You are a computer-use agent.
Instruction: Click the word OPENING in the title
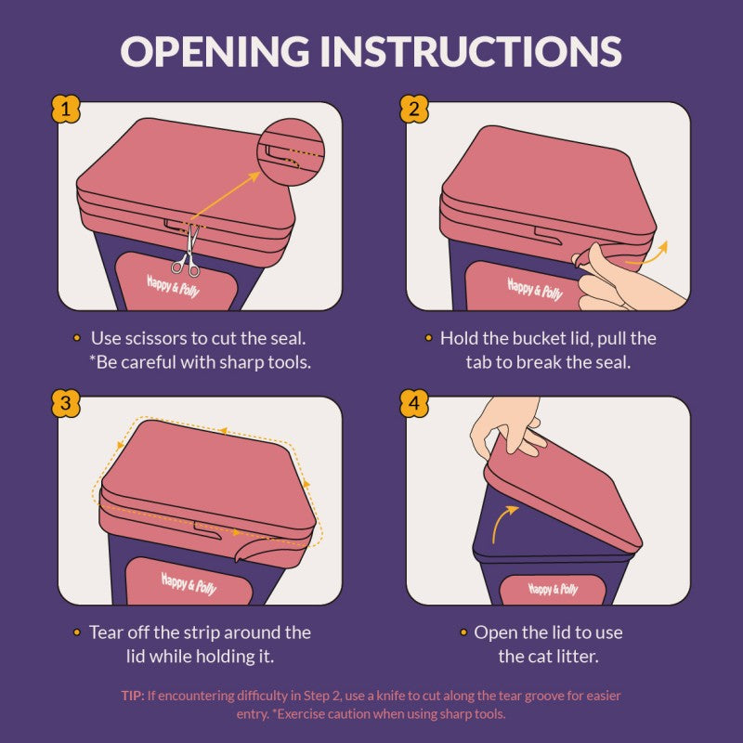(x=215, y=51)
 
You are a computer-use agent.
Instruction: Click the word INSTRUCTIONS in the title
(x=471, y=51)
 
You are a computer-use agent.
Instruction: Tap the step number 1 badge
(x=65, y=110)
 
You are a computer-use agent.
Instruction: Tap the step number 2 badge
(x=414, y=110)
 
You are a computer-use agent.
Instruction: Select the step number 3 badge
(x=65, y=403)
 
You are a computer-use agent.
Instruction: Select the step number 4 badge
(x=414, y=403)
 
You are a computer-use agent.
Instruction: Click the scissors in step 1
(x=188, y=251)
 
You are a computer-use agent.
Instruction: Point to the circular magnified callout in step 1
(x=292, y=152)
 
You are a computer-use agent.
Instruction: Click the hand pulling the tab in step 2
(x=625, y=282)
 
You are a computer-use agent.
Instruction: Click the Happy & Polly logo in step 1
(x=174, y=286)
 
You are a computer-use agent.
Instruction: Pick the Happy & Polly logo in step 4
(x=553, y=589)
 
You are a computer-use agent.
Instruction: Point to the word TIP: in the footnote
(x=132, y=696)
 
